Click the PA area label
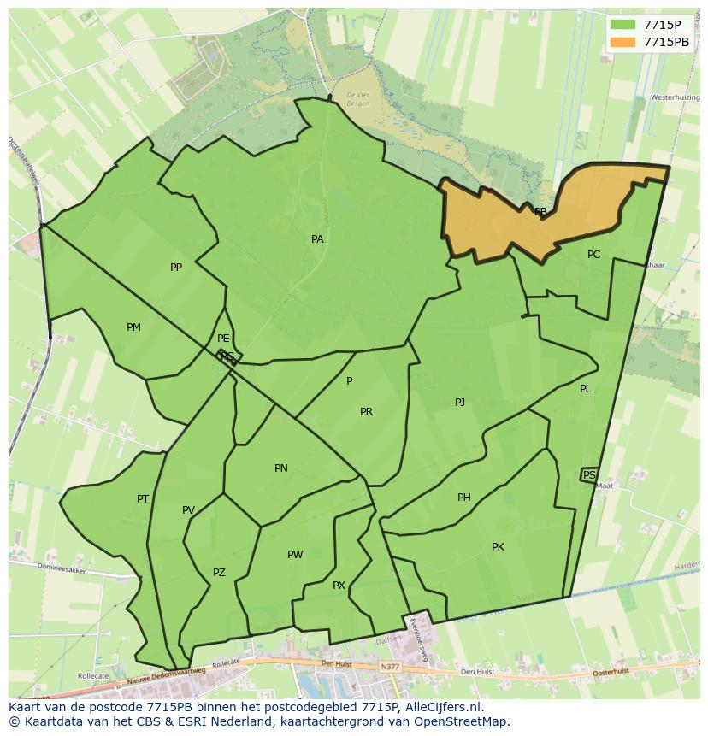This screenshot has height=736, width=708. click(317, 239)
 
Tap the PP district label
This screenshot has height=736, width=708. click(176, 268)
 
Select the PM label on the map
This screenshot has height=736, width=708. click(133, 327)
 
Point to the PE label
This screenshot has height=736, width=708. click(223, 339)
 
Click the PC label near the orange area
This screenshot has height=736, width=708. click(593, 255)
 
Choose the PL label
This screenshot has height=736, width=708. click(585, 389)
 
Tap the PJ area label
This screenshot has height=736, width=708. click(460, 402)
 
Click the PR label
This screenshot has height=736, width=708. click(366, 412)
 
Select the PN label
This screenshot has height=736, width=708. click(281, 468)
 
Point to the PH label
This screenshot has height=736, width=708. click(464, 498)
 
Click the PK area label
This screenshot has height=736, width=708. click(498, 547)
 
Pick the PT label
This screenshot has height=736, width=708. click(143, 499)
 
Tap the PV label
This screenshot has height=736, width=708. click(188, 510)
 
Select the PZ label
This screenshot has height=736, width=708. click(219, 573)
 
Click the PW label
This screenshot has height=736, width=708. click(295, 555)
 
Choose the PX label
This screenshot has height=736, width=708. click(339, 586)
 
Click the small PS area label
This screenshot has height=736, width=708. click(589, 474)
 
